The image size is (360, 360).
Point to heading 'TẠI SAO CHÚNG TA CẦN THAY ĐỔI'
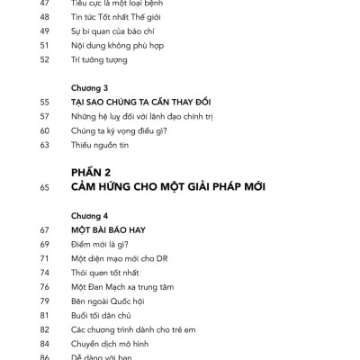(139, 103)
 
